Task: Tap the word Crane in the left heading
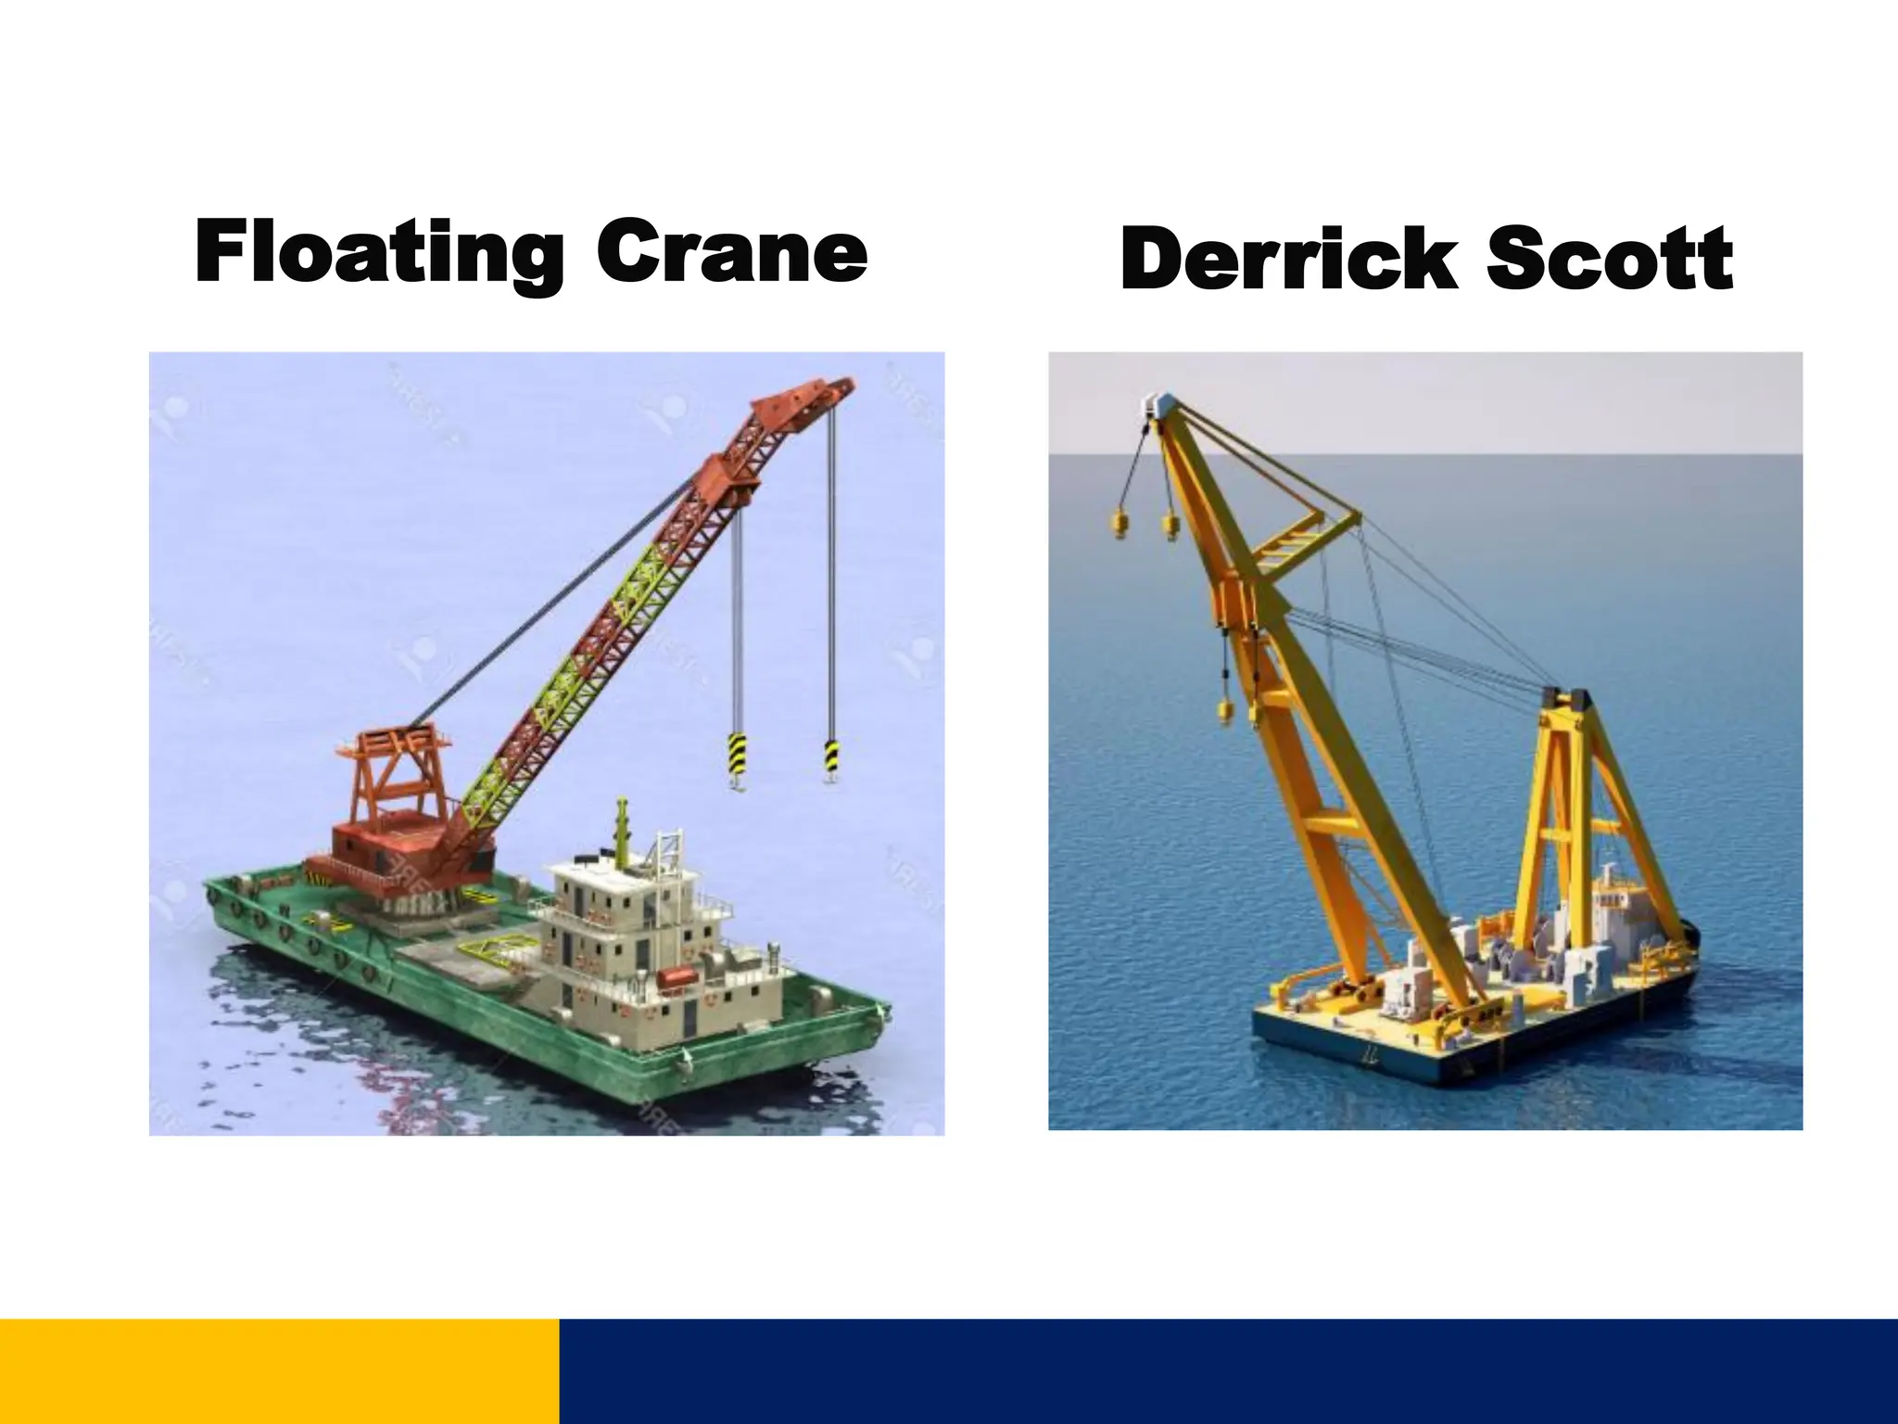click(x=731, y=252)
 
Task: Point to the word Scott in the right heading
click(x=1610, y=259)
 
